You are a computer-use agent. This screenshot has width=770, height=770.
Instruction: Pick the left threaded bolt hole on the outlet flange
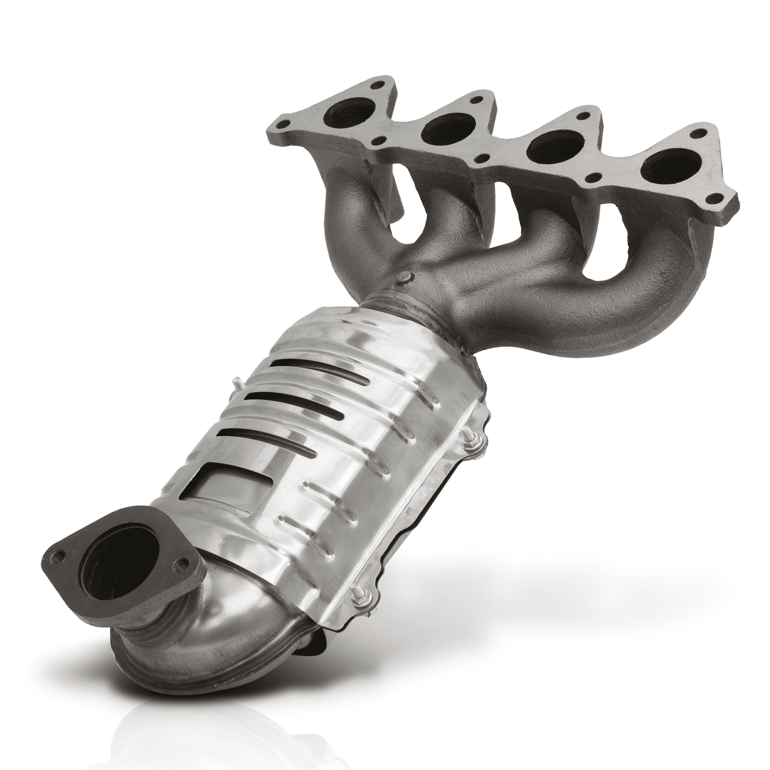[57, 554]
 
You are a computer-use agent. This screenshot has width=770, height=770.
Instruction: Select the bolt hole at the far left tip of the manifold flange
[282, 124]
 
